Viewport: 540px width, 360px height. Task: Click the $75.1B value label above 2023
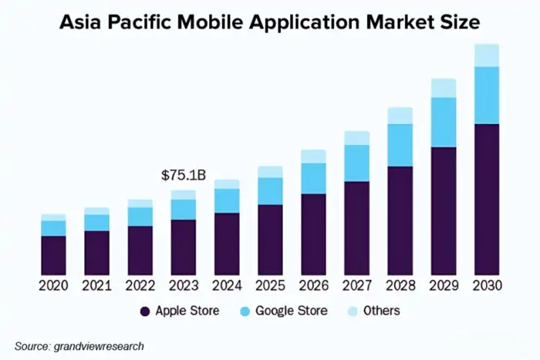coord(183,175)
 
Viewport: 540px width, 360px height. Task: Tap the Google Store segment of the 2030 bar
coord(487,95)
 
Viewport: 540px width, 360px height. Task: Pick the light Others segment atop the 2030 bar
coord(487,55)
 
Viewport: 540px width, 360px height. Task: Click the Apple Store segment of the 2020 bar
coord(53,255)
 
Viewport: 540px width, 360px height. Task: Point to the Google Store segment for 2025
coord(270,190)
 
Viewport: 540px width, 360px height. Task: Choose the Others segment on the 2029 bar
coord(444,88)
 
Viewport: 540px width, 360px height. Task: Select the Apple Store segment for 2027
coord(356,228)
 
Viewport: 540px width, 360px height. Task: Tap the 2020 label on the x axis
coord(53,286)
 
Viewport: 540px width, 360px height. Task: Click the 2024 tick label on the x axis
coord(227,286)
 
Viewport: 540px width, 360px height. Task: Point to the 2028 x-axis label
coord(400,286)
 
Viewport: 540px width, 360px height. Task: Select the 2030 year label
coord(487,286)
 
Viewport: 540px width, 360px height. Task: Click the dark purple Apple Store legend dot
coord(144,311)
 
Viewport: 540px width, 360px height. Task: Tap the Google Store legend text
coord(291,311)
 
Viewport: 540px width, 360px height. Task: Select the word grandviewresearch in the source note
coord(98,346)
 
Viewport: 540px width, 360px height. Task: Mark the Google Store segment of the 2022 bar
coord(140,216)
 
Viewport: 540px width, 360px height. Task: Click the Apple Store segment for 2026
coord(313,234)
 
